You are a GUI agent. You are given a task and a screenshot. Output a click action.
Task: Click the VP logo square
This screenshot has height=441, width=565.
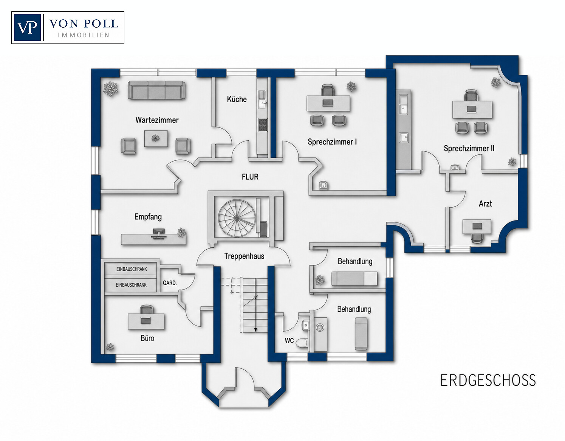(x=27, y=28)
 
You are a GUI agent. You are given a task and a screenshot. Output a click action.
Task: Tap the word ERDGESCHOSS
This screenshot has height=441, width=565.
(x=488, y=380)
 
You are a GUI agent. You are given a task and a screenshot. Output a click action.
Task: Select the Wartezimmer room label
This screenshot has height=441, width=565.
(x=157, y=120)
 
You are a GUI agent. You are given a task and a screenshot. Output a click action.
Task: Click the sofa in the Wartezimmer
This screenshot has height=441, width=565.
(x=156, y=90)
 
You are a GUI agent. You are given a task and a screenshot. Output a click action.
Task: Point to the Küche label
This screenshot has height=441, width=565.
(x=237, y=99)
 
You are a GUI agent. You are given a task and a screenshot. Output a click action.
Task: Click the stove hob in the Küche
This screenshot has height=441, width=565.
(x=262, y=125)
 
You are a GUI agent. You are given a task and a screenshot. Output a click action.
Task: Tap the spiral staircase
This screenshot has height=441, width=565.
(x=237, y=218)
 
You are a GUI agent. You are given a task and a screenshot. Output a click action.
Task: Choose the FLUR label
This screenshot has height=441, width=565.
(x=250, y=177)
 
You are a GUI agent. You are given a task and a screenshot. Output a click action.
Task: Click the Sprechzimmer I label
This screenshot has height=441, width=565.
(x=332, y=142)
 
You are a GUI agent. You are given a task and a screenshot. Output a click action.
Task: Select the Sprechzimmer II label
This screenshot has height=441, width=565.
(x=469, y=148)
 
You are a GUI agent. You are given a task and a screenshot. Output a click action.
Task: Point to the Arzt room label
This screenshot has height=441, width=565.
(x=485, y=203)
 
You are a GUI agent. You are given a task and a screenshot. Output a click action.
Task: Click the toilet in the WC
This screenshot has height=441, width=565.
(x=302, y=343)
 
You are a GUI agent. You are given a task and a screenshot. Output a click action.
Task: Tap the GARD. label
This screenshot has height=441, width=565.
(x=170, y=283)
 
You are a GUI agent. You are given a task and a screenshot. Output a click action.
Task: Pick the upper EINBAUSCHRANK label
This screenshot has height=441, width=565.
(x=132, y=269)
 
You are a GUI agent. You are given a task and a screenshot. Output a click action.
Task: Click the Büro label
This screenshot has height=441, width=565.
(x=147, y=338)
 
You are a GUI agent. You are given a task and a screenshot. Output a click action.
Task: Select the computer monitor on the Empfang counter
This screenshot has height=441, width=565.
(x=158, y=232)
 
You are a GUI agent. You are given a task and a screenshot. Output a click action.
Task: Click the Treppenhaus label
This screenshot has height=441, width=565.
(x=244, y=256)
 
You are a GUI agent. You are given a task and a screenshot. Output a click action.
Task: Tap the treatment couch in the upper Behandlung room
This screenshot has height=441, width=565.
(x=354, y=279)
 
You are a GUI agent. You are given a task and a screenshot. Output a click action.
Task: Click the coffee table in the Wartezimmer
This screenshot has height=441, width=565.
(x=156, y=139)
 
